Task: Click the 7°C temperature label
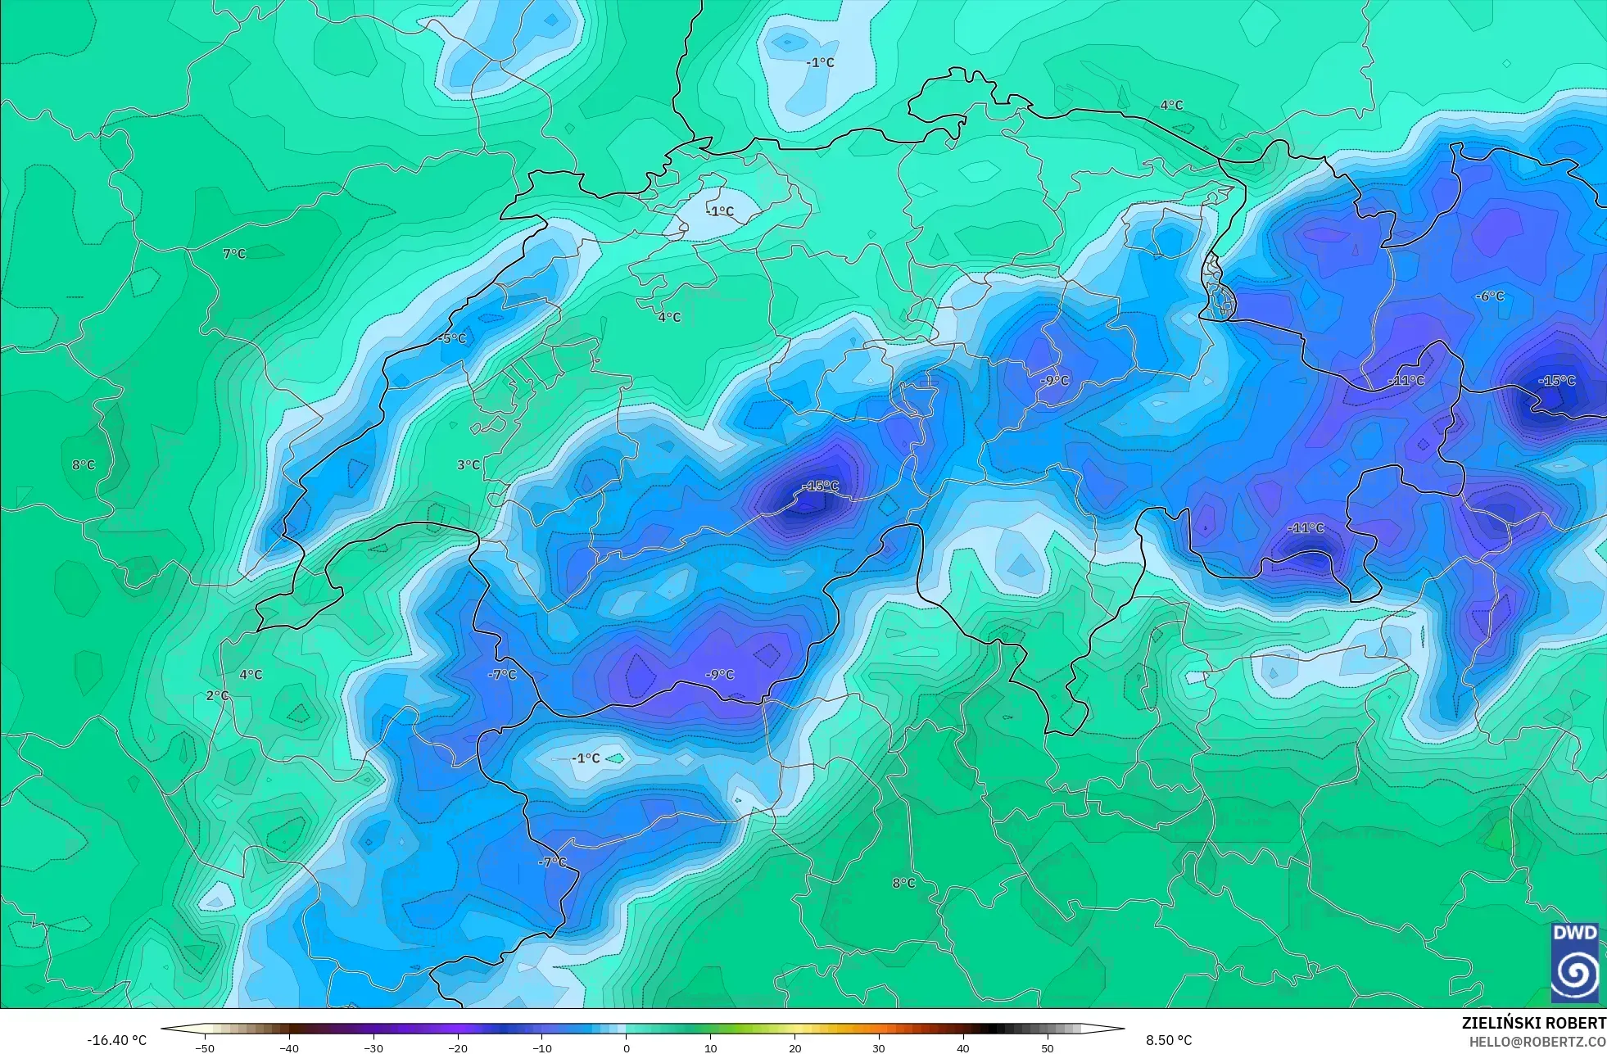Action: (x=234, y=254)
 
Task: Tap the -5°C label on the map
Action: (x=452, y=338)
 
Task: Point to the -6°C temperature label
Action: (x=1490, y=296)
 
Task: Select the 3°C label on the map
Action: (x=469, y=465)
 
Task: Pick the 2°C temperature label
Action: (x=217, y=695)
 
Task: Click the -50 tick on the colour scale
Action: (x=205, y=1047)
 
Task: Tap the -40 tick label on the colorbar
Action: (x=289, y=1047)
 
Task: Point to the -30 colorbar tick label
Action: (x=373, y=1047)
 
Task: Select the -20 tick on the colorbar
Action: (x=458, y=1047)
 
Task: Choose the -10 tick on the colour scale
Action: (x=542, y=1047)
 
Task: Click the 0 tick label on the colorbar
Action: (x=627, y=1047)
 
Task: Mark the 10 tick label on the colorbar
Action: (x=711, y=1047)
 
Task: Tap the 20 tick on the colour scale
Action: (x=795, y=1047)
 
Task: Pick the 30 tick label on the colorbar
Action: (x=879, y=1047)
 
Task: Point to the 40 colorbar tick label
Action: (x=963, y=1047)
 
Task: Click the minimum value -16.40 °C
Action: (x=117, y=1040)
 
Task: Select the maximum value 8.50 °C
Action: (x=1169, y=1040)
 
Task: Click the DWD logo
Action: (x=1574, y=961)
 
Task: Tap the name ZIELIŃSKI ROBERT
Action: (x=1533, y=1023)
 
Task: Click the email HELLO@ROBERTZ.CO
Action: (x=1537, y=1042)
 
